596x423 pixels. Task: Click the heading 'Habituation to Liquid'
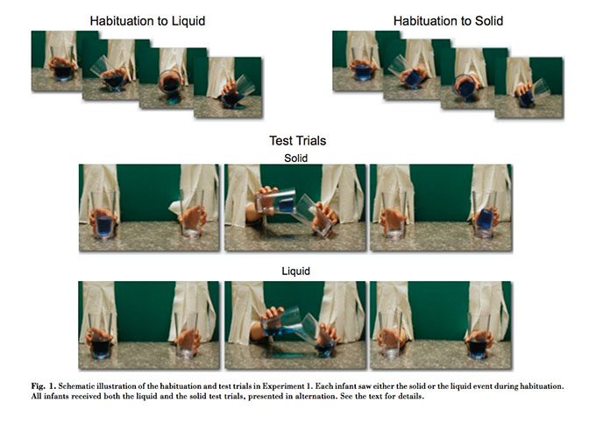click(x=147, y=21)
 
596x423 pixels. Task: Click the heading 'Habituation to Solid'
click(x=448, y=21)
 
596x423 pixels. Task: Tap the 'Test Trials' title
click(x=298, y=141)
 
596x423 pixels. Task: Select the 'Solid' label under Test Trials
click(x=295, y=158)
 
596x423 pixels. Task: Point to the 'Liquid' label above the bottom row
click(x=295, y=271)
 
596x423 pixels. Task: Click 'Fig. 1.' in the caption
click(x=44, y=386)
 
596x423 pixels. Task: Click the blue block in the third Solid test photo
click(x=485, y=219)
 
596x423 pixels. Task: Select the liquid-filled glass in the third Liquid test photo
click(x=479, y=335)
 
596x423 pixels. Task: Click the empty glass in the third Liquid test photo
click(x=391, y=335)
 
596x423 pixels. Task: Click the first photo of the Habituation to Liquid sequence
click(x=57, y=61)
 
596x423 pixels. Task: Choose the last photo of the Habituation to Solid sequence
click(x=529, y=88)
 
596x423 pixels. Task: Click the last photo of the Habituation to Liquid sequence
click(x=228, y=88)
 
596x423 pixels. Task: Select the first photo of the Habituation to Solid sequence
click(x=358, y=61)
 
